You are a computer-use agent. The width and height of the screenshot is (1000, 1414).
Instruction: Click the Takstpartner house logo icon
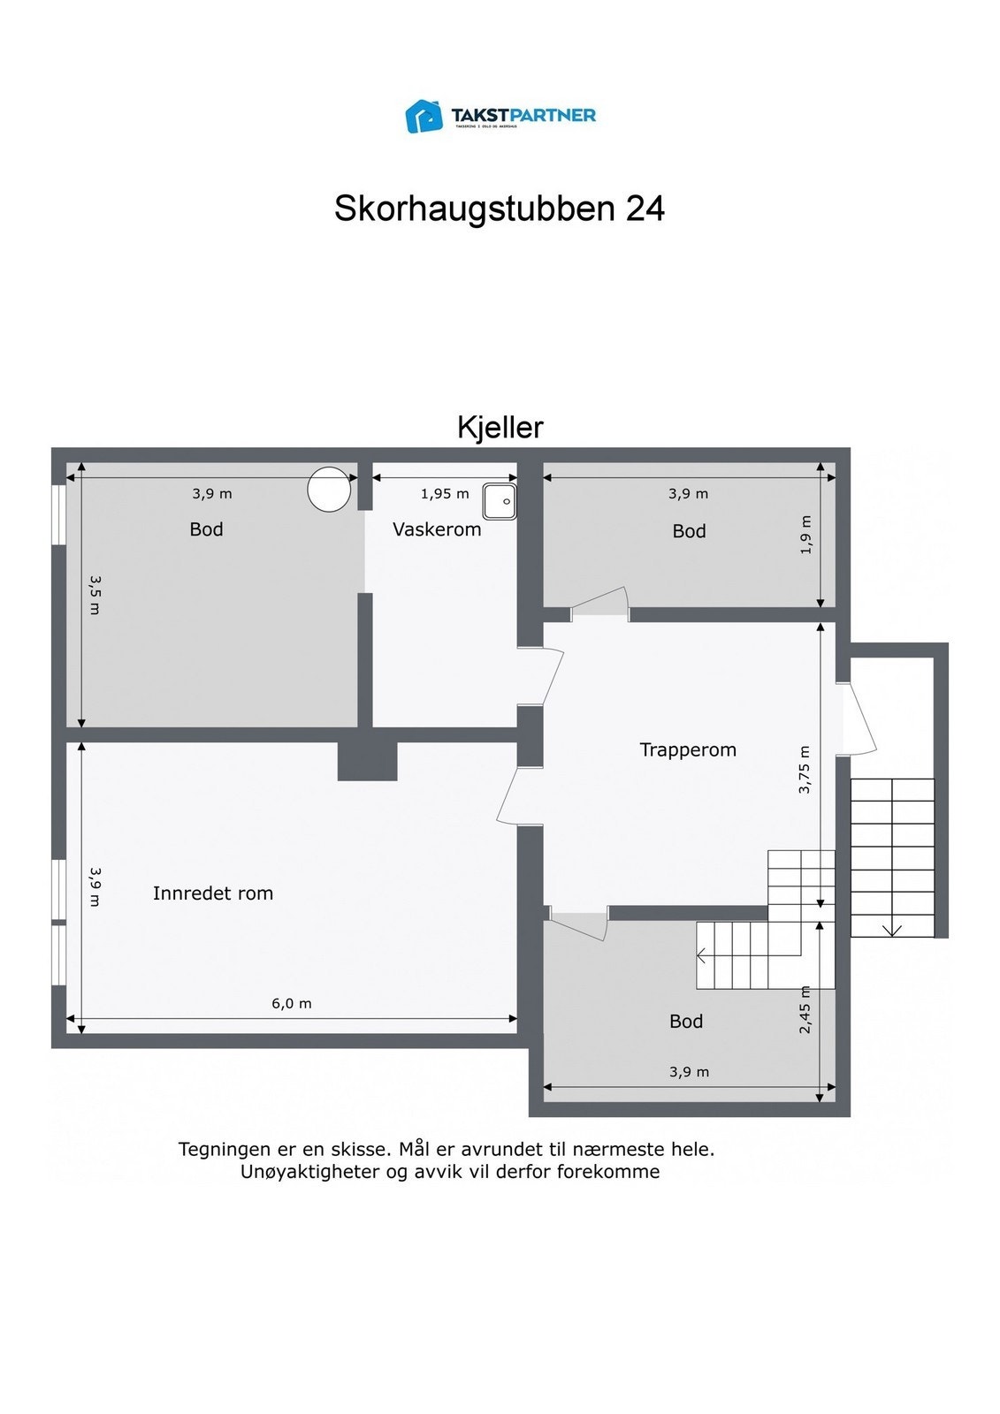click(424, 116)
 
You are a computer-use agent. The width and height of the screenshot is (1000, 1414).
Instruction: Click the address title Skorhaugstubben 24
click(499, 209)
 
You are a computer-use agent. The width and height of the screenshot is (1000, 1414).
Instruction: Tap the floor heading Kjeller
click(500, 428)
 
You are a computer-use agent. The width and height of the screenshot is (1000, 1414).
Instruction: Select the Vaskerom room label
click(437, 529)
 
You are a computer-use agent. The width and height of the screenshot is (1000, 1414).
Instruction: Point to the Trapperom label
click(687, 750)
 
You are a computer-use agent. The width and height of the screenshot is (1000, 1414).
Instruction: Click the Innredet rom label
click(213, 893)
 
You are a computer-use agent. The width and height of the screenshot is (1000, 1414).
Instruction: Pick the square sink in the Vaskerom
click(500, 501)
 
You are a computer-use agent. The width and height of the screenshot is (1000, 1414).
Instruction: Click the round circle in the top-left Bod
click(328, 489)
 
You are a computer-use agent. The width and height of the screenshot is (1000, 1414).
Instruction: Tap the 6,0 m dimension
click(291, 1004)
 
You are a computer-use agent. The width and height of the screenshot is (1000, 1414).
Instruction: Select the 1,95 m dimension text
click(445, 494)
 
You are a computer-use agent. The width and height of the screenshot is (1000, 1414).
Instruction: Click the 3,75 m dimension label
click(805, 771)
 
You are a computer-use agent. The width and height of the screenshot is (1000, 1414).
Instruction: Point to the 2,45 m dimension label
click(805, 1010)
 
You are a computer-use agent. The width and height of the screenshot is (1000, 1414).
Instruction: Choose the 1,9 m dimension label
click(805, 535)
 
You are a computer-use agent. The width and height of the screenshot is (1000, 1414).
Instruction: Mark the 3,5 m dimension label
click(95, 595)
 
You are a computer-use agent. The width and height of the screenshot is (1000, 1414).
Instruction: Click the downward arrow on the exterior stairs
click(892, 929)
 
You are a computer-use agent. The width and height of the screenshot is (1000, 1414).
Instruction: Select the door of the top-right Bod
click(601, 604)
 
